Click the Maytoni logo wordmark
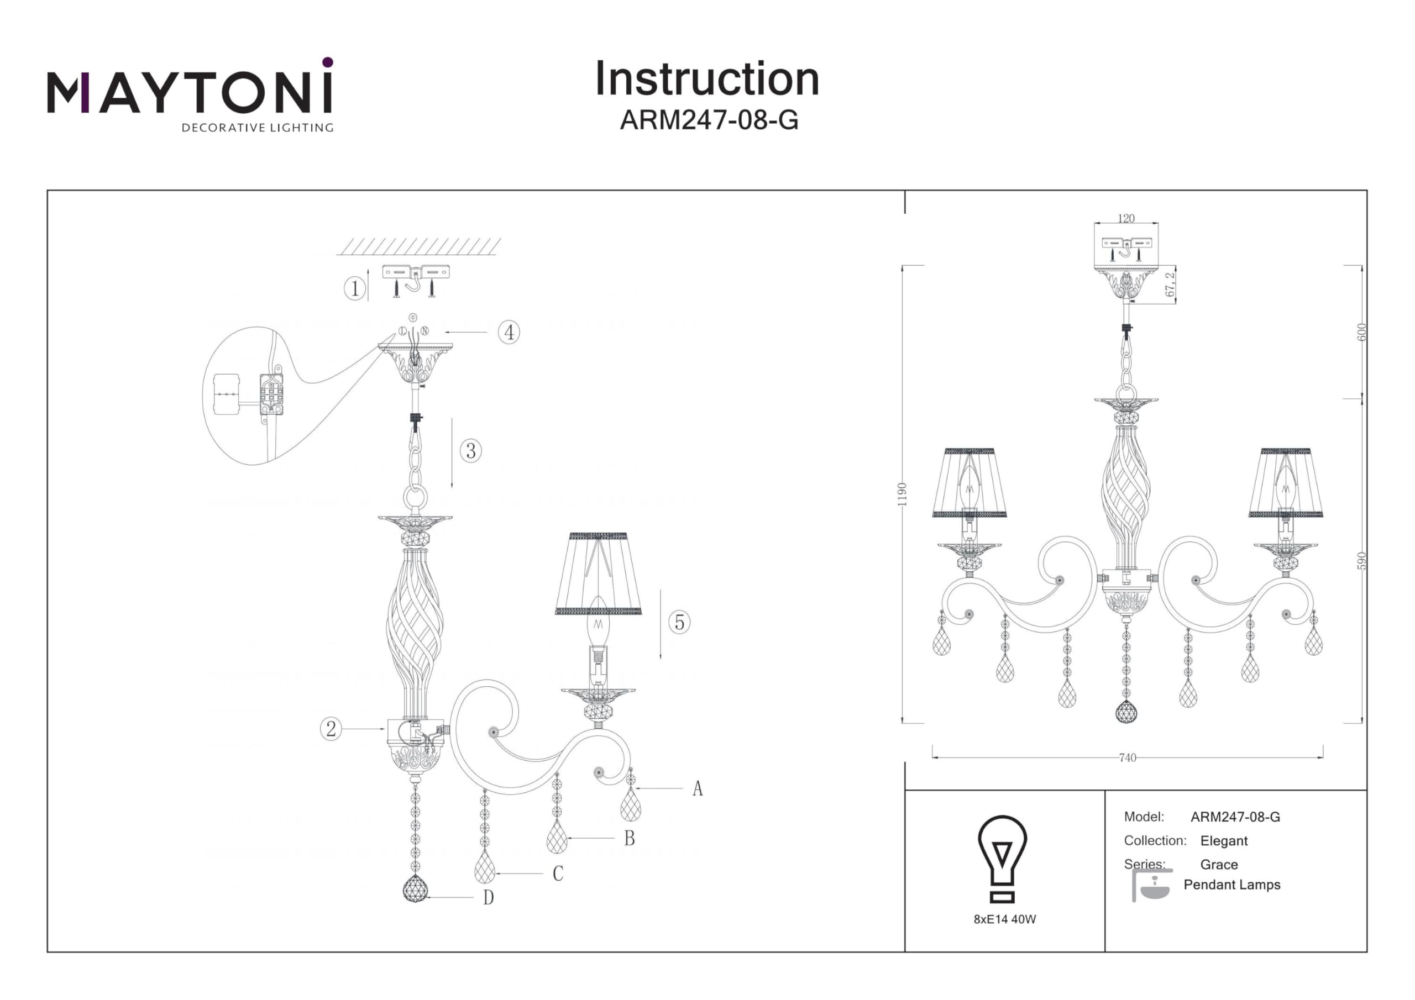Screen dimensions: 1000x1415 tap(190, 92)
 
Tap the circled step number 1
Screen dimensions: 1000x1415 tap(354, 288)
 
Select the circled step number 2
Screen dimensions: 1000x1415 tap(331, 729)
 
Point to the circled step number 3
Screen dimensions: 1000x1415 tap(471, 451)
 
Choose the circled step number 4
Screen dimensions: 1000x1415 tap(509, 333)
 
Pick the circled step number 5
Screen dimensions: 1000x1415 tap(679, 622)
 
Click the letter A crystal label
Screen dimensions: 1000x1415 tap(697, 788)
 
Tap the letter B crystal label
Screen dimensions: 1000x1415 tap(629, 839)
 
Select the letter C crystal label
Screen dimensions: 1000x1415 tap(558, 873)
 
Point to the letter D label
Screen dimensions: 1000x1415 tap(488, 898)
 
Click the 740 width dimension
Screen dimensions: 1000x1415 tap(1127, 758)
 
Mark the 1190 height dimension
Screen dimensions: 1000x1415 tap(902, 494)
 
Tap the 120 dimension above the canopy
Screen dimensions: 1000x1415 tap(1126, 219)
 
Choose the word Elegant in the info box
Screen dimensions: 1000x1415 tap(1223, 841)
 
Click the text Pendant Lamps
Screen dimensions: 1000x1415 tap(1231, 885)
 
